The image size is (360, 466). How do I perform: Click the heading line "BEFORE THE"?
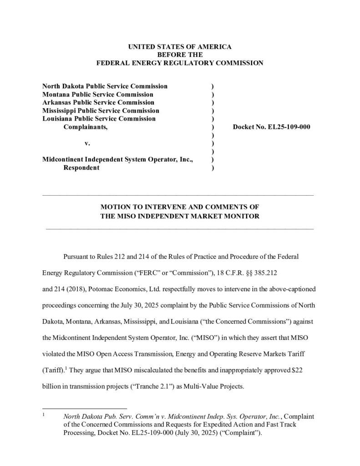(180, 55)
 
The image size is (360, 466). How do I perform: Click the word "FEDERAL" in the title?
(114, 63)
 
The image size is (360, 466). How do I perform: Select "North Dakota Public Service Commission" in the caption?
(105, 86)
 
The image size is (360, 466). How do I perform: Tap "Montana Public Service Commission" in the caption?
(98, 94)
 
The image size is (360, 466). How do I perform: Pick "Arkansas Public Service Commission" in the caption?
(98, 102)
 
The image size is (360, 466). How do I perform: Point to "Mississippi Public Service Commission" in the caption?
(101, 111)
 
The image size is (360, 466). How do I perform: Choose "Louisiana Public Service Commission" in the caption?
(99, 119)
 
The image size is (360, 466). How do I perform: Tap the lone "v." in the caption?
(87, 143)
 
